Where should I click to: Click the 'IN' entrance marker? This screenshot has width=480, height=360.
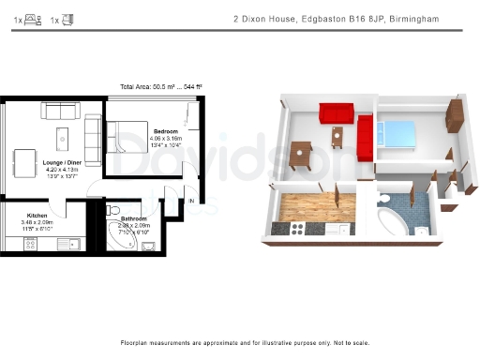[x=191, y=201]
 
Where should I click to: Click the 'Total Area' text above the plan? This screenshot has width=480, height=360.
[x=161, y=86]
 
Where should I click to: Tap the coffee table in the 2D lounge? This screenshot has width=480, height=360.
[x=63, y=140]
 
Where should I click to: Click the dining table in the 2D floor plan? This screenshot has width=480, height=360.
[x=25, y=157]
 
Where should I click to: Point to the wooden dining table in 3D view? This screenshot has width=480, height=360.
[x=300, y=153]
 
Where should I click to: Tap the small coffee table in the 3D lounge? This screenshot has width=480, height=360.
[x=336, y=136]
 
